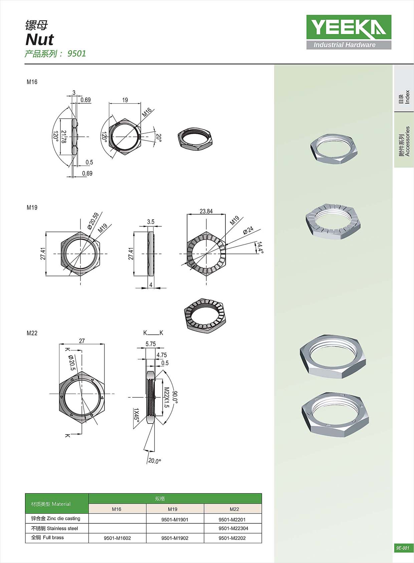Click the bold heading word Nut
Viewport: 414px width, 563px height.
tap(40, 39)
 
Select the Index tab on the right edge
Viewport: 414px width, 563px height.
tap(404, 97)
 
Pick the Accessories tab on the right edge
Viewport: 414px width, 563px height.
tap(404, 141)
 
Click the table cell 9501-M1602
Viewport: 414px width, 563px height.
tap(117, 538)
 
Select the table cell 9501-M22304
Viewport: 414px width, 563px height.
tap(233, 528)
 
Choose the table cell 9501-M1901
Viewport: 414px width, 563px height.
tap(175, 520)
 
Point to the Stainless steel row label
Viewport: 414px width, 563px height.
tap(54, 528)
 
